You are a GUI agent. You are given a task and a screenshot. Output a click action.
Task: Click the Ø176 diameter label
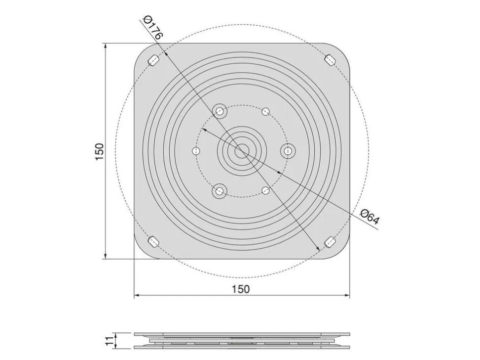152,27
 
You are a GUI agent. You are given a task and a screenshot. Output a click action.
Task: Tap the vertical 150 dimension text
99,151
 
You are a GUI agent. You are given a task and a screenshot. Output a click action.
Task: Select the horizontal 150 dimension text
240,289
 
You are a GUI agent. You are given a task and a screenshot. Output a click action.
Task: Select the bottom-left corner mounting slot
153,242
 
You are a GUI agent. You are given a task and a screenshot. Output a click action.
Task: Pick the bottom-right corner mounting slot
330,242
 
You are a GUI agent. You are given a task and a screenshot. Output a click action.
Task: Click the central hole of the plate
242,151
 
